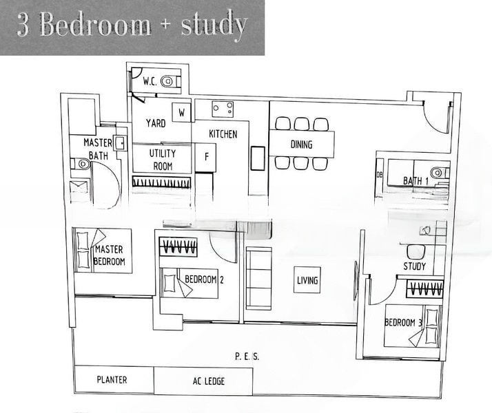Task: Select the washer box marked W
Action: click(182, 112)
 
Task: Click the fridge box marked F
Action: click(206, 157)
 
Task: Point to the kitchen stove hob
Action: click(222, 108)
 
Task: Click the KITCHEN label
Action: click(223, 134)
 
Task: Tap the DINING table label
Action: click(301, 145)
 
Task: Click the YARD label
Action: click(155, 123)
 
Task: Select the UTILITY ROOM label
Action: click(163, 160)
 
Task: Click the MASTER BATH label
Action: click(98, 149)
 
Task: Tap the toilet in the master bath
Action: click(82, 164)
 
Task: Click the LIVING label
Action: click(307, 280)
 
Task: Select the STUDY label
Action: click(414, 266)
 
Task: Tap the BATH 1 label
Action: click(416, 180)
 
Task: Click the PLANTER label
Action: click(112, 379)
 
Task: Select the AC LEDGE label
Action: click(208, 381)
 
